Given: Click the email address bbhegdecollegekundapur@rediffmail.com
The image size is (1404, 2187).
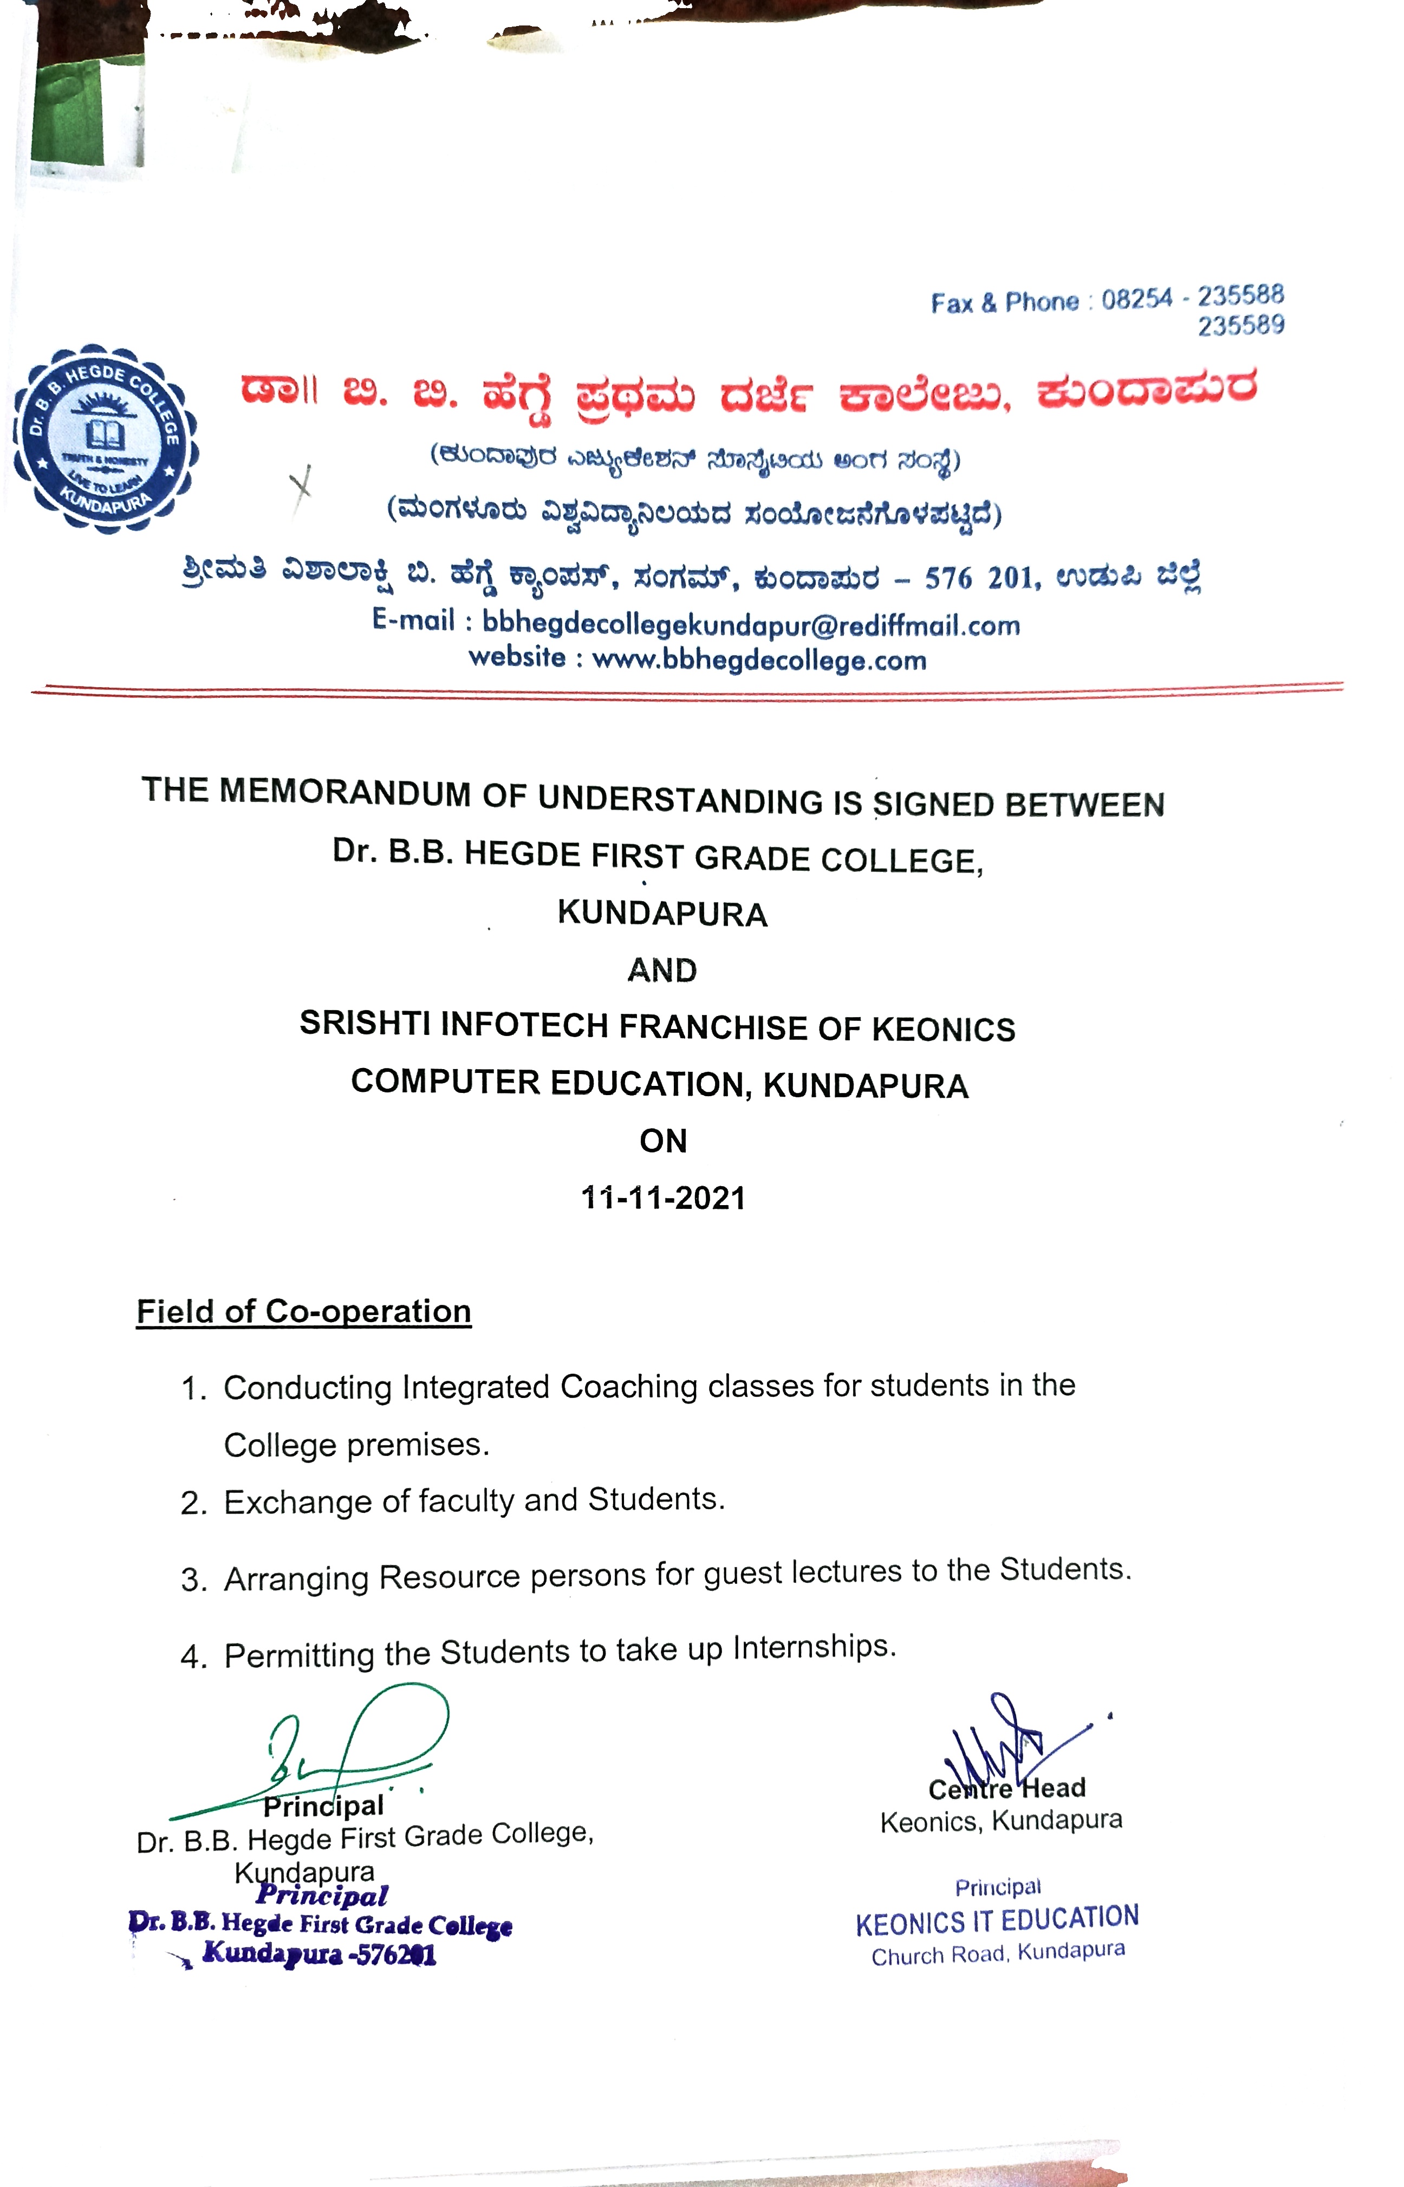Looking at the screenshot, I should tap(750, 626).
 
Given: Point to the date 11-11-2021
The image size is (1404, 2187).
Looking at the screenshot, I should tap(663, 1198).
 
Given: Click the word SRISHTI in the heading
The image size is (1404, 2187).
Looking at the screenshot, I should tap(365, 1023).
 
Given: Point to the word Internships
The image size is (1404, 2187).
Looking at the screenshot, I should tap(814, 1647).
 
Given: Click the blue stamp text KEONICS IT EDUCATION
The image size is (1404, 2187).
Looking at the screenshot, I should tap(997, 1920).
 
